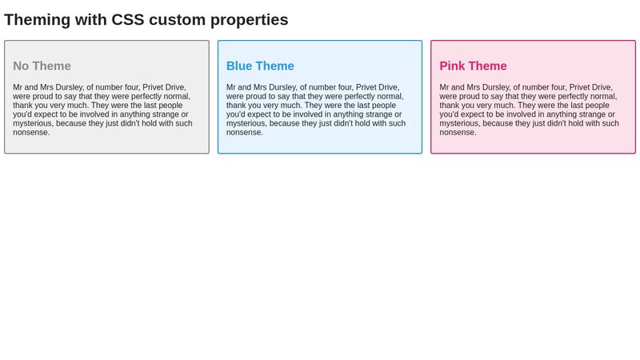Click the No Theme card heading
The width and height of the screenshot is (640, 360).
[42, 66]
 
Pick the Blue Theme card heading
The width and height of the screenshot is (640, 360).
[260, 66]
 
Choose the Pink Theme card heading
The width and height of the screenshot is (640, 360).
[473, 66]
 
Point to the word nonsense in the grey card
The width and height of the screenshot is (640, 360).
[31, 132]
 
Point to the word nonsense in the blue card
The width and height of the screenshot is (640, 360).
[245, 132]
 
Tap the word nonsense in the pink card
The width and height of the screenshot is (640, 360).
[458, 132]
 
